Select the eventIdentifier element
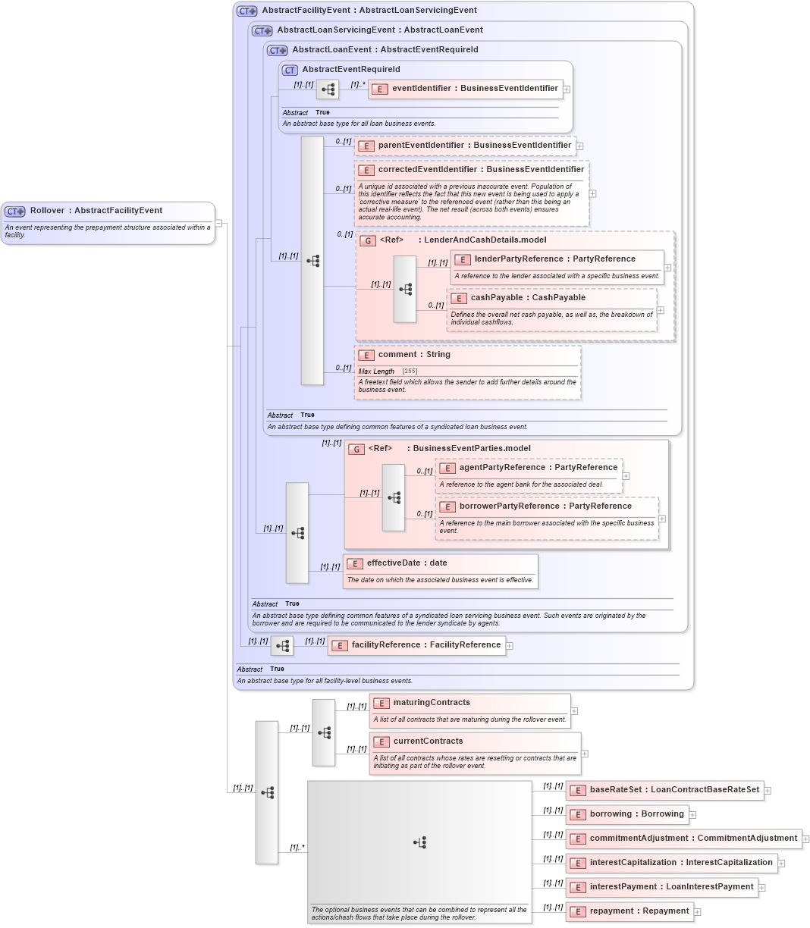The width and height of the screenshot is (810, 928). click(474, 89)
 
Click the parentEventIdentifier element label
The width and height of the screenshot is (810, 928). click(474, 146)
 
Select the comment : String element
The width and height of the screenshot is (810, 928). click(413, 355)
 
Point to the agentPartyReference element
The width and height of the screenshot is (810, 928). click(538, 468)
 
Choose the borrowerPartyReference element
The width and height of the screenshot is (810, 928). click(545, 506)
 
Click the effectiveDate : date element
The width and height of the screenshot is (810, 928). click(407, 563)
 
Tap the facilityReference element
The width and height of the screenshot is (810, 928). click(425, 645)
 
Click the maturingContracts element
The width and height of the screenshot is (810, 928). click(431, 703)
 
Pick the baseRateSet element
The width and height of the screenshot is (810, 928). click(673, 790)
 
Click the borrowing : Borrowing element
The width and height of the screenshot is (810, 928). click(636, 814)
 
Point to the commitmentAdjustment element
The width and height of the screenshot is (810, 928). click(692, 839)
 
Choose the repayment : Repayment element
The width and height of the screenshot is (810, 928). click(639, 911)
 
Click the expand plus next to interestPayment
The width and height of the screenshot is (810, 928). click(762, 888)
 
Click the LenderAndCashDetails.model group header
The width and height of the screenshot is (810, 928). click(462, 240)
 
